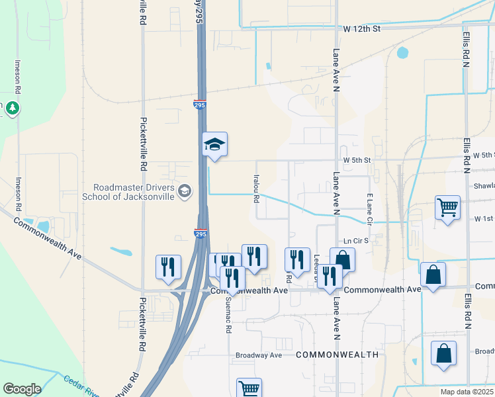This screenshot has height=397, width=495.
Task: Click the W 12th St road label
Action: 362,29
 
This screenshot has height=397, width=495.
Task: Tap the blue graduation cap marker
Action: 214,145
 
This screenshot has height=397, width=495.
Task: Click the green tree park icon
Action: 13,107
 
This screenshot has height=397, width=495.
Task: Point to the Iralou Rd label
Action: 255,189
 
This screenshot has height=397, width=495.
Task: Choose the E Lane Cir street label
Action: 370,208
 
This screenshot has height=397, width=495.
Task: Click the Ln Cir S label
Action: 355,240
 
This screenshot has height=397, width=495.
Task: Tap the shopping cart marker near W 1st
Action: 447,207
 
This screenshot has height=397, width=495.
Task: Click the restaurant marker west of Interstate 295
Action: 168,267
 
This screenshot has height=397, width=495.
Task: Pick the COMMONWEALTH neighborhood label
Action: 337,355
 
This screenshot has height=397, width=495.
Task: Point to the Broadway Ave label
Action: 259,355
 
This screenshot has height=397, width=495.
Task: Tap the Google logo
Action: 22,388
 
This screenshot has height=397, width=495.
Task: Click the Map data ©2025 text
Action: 466,392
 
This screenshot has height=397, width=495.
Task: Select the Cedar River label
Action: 80,386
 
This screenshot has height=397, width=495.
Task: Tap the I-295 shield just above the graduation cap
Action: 199,105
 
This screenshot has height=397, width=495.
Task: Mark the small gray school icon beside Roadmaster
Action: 185,192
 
